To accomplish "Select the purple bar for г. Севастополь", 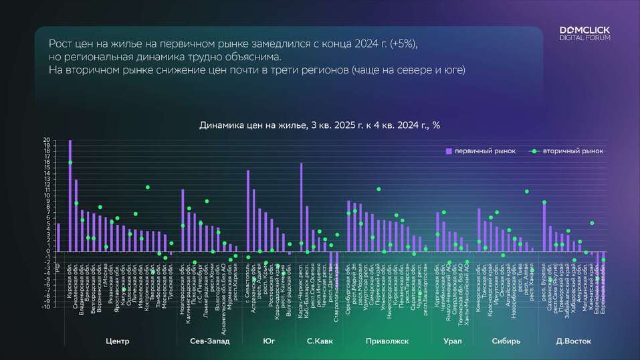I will click(247, 211).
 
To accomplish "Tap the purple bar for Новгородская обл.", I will click(183, 220).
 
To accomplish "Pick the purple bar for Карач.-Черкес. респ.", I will click(301, 207).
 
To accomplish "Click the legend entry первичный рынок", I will click(481, 151).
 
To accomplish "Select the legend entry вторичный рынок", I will click(568, 151).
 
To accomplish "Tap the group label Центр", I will click(118, 341).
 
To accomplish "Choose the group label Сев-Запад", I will click(209, 341).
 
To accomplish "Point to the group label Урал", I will click(452, 341).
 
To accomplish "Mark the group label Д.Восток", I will click(574, 341).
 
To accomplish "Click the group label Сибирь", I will click(506, 341).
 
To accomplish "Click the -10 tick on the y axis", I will click(45, 307).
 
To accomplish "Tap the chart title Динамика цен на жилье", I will click(320, 125).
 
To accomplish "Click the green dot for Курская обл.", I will click(70, 163).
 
